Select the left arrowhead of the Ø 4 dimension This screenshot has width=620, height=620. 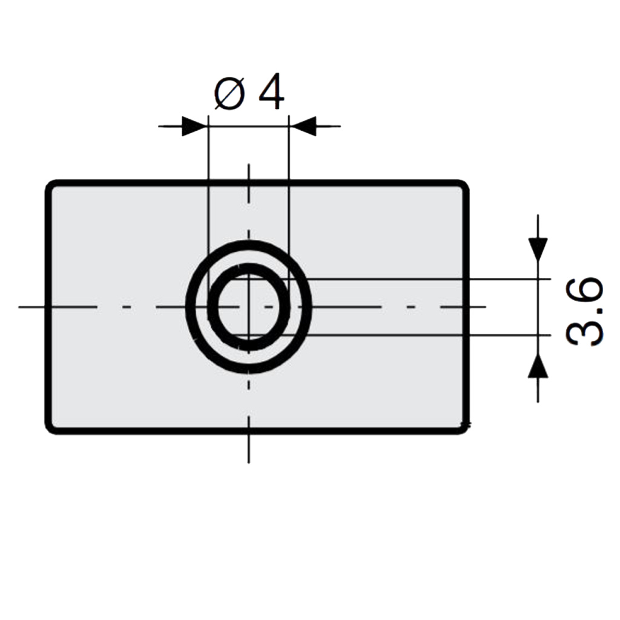(x=195, y=127)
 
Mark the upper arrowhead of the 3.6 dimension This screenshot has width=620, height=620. (x=538, y=248)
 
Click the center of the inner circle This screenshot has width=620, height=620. (x=249, y=307)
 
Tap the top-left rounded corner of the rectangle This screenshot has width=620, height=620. (x=51, y=185)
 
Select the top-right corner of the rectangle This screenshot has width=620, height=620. (x=464, y=185)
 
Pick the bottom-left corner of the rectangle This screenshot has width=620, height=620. (x=51, y=429)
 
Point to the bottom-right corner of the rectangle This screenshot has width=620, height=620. (x=464, y=429)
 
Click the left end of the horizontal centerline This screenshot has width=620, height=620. (x=19, y=307)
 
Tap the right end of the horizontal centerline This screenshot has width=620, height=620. (x=486, y=307)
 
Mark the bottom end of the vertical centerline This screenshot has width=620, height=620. (x=249, y=463)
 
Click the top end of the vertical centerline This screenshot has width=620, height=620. (x=249, y=165)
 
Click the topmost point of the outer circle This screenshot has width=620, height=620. (x=249, y=243)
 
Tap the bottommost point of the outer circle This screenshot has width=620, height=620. (x=249, y=370)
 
